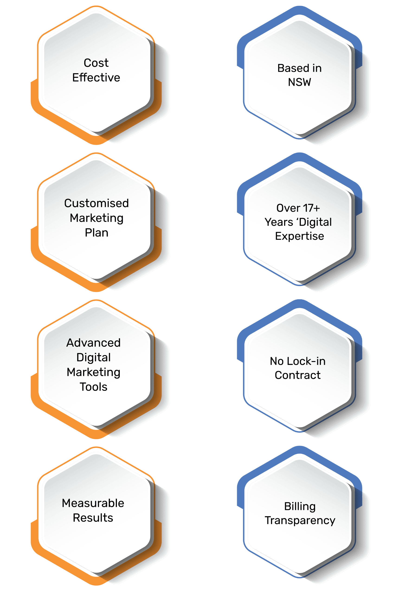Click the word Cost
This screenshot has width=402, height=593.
tap(96, 63)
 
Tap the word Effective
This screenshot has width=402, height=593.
tap(96, 78)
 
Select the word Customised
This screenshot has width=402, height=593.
tap(96, 203)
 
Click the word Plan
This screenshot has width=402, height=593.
tap(96, 233)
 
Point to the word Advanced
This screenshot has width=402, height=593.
tap(93, 343)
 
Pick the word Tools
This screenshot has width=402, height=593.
tap(93, 387)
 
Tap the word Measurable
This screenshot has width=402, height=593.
tap(93, 503)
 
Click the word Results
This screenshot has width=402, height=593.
tap(93, 518)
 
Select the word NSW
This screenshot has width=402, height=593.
tap(299, 82)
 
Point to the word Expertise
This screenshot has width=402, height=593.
tap(299, 236)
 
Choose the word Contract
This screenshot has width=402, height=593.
tap(298, 375)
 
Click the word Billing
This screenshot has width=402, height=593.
tap(300, 507)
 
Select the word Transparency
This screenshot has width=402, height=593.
tap(300, 521)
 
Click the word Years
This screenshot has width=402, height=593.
tap(279, 222)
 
